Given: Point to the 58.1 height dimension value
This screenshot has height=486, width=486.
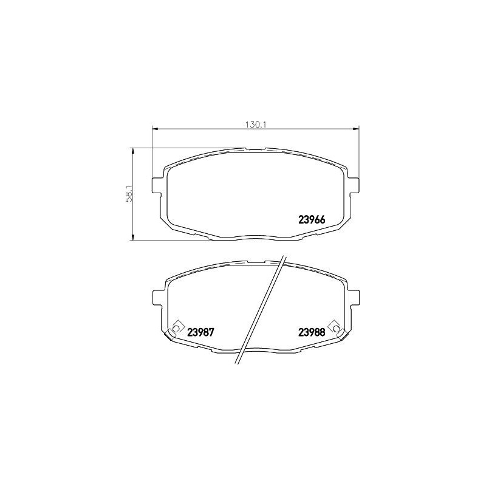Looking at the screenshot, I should point(129,194).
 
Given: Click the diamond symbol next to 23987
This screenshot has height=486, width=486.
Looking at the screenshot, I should point(176,327).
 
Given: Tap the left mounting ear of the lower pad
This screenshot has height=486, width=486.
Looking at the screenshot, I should point(156,298).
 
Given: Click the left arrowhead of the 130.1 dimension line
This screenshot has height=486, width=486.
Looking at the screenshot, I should point(154,129).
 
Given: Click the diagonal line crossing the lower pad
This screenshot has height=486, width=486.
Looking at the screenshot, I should point(261,310).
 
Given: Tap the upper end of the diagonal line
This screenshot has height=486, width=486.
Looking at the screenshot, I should point(283,255).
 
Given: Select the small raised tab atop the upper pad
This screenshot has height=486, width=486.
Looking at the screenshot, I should point(255,148).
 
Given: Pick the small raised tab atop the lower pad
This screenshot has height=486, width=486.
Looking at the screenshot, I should point(256,261).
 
